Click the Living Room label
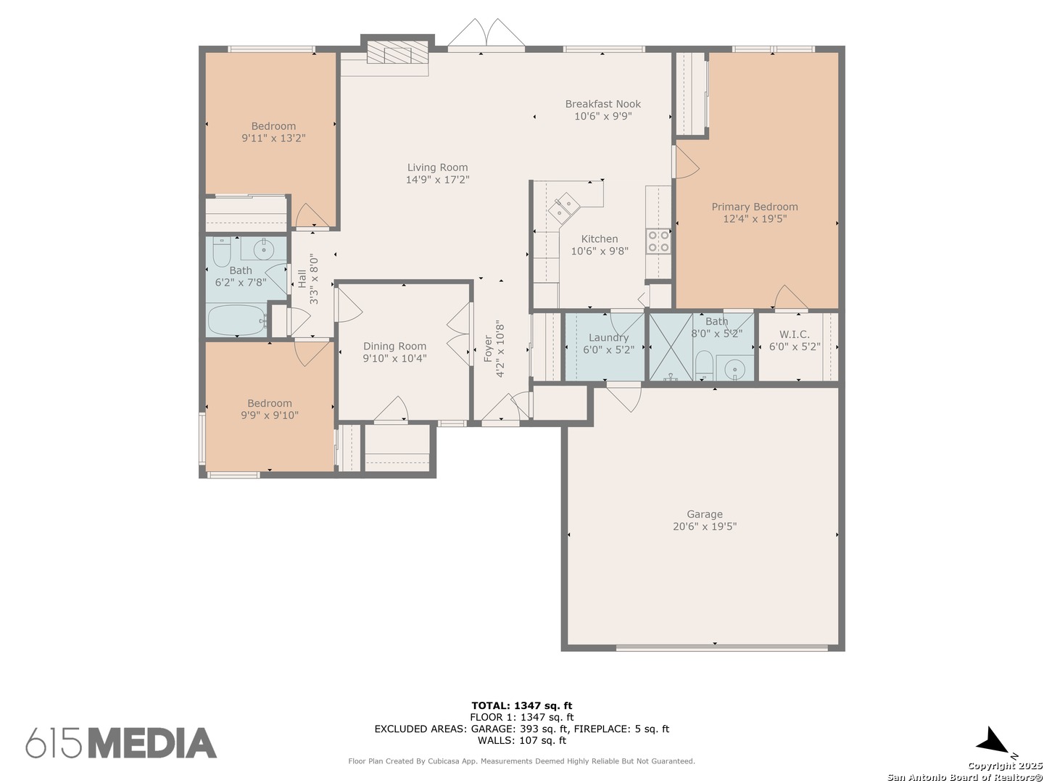tap(437, 167)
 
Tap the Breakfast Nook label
tap(602, 104)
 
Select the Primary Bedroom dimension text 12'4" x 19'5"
tap(754, 219)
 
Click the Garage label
tap(705, 514)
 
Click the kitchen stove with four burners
tap(658, 241)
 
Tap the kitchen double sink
tap(563, 207)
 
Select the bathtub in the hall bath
tap(237, 320)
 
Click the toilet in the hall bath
tap(221, 252)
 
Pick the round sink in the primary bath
tap(735, 368)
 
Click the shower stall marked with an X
tap(671, 347)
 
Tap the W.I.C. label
tap(795, 334)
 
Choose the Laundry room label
tap(608, 338)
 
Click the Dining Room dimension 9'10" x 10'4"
tap(395, 358)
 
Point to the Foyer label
tap(488, 349)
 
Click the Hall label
tap(302, 279)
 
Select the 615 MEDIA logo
tap(121, 743)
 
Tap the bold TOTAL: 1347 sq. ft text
tap(522, 705)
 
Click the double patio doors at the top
tap(486, 33)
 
